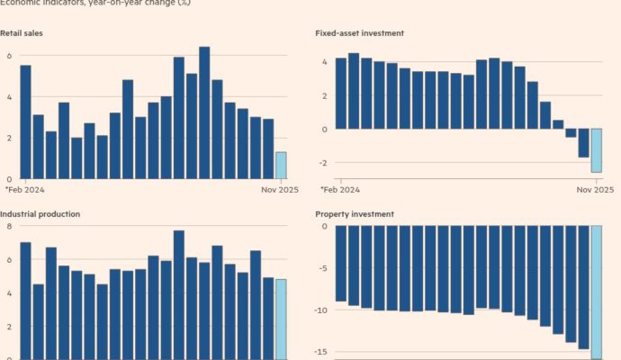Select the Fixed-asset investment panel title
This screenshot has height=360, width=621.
pos(359,33)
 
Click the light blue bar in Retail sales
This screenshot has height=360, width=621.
pos(281,166)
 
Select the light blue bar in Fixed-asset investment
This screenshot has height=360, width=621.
pos(596,150)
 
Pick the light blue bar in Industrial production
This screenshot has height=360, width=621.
pos(281,319)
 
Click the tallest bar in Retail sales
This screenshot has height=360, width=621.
pos(204,112)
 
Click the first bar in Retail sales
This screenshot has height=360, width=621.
pos(25,121)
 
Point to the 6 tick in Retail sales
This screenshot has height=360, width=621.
pos(9,56)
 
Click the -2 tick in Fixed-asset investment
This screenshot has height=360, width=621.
pos(323,163)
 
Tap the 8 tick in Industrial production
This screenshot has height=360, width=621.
pos(9,226)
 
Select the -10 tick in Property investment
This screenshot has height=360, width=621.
pos(321,310)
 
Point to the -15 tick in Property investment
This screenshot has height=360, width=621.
pos(321,352)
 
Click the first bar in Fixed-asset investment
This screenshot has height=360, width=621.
pos(340,94)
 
